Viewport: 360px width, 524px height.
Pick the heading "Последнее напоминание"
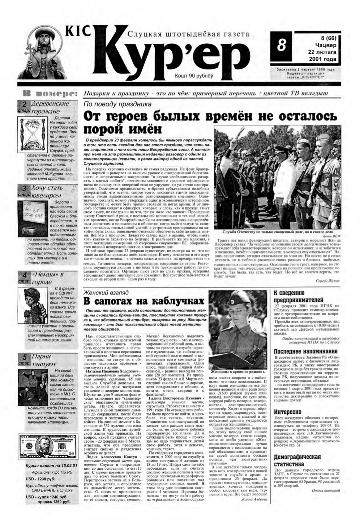pyautogui.click(x=305, y=351)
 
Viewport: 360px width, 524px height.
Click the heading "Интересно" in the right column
pyautogui.click(x=287, y=412)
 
